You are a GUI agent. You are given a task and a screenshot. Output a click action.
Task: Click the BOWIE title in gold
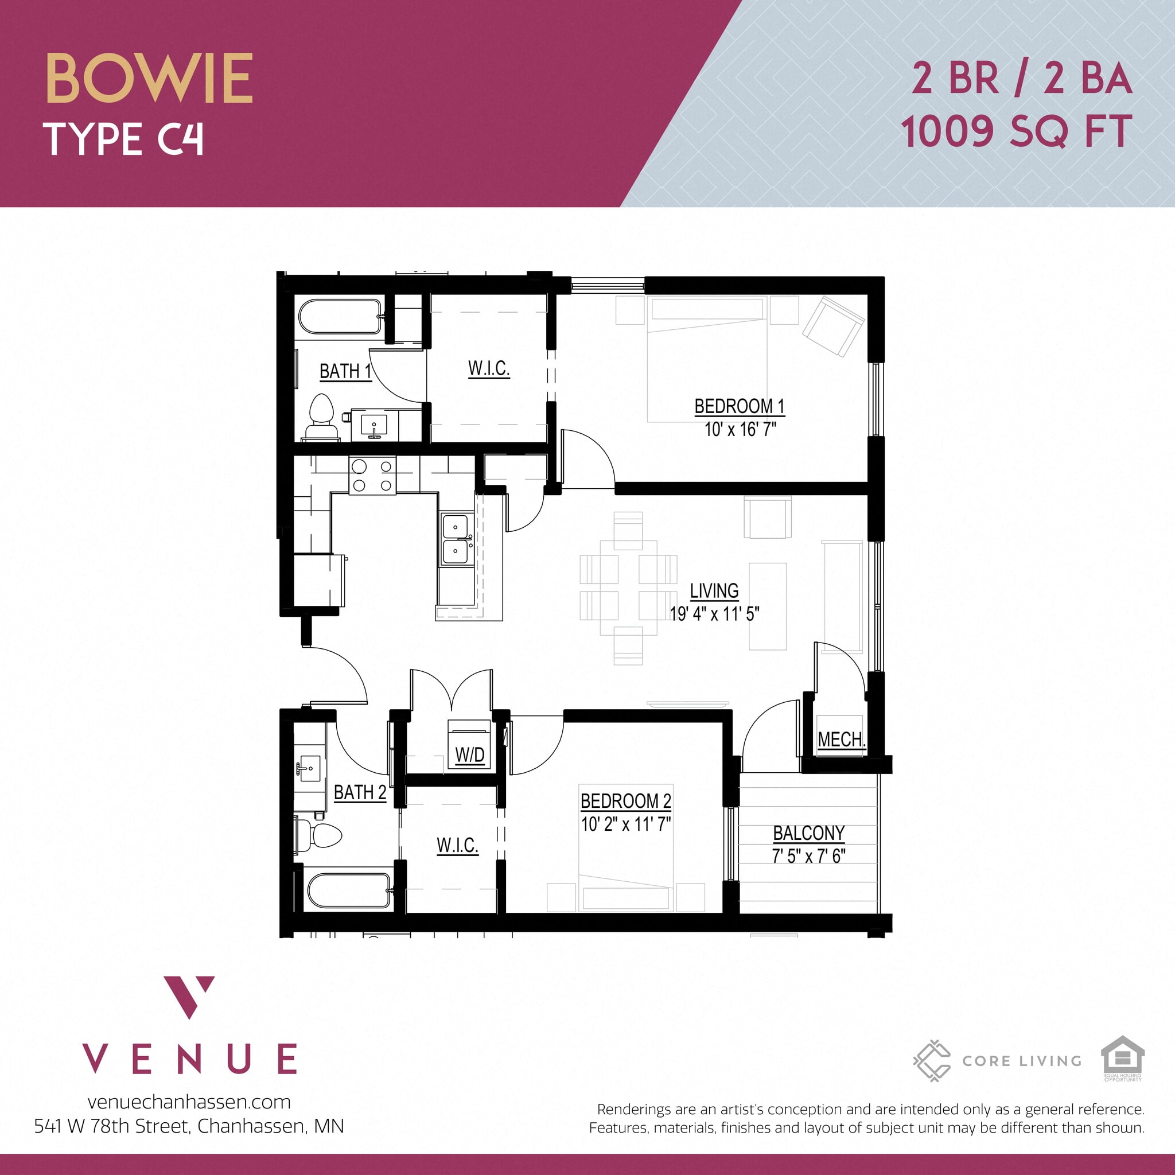pyautogui.click(x=149, y=79)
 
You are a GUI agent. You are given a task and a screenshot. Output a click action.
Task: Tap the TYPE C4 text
pyautogui.click(x=123, y=139)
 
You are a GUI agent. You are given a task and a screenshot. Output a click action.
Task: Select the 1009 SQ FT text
pyautogui.click(x=1016, y=131)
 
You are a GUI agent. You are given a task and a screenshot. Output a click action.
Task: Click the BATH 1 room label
pyautogui.click(x=345, y=371)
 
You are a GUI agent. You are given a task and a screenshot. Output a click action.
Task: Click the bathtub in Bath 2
pyautogui.click(x=348, y=890)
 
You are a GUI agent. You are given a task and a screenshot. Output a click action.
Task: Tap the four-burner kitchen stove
pyautogui.click(x=372, y=476)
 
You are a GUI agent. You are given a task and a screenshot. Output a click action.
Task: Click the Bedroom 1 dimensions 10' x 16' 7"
pyautogui.click(x=740, y=429)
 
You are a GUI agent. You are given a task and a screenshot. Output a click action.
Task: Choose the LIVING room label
pyautogui.click(x=714, y=590)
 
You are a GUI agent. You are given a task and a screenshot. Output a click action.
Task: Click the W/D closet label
pyautogui.click(x=469, y=755)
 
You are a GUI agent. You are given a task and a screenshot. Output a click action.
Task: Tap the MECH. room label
pyautogui.click(x=841, y=740)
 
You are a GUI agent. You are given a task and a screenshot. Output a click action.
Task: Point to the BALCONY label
pyautogui.click(x=808, y=832)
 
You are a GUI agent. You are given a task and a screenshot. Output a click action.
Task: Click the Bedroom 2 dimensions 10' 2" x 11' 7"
pyautogui.click(x=625, y=824)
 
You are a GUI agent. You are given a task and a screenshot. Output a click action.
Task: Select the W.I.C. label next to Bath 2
pyautogui.click(x=457, y=845)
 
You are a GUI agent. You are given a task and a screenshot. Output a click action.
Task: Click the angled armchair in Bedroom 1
pyautogui.click(x=832, y=326)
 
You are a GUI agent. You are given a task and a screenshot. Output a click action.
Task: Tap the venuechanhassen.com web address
pyautogui.click(x=189, y=1102)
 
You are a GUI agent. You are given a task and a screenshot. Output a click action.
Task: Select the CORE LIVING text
pyautogui.click(x=1022, y=1061)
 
